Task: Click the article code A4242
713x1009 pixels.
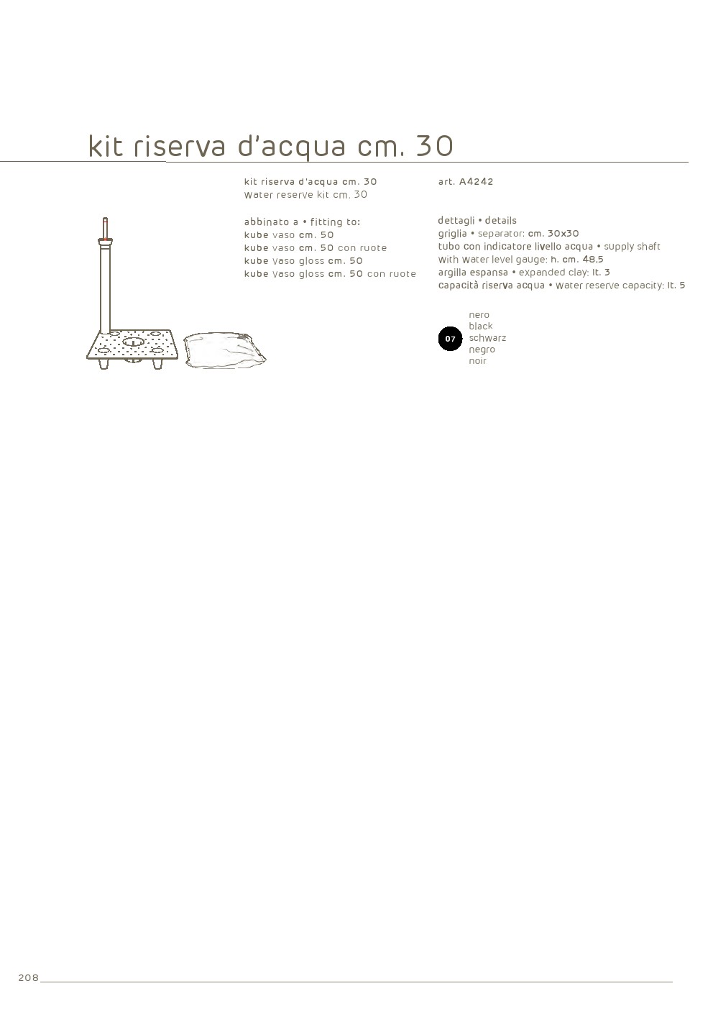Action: coord(476,181)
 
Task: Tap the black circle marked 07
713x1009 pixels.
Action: coord(450,338)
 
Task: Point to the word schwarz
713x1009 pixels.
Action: coord(487,338)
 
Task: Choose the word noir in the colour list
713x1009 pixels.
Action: coord(477,361)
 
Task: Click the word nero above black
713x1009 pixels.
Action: coord(479,315)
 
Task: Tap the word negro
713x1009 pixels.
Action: coord(482,350)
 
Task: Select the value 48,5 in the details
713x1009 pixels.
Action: coord(593,260)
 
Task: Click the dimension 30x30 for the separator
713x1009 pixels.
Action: coord(563,233)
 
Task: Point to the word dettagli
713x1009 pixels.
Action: coord(456,221)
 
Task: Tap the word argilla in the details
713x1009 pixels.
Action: coord(452,273)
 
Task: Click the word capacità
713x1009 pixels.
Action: coord(457,286)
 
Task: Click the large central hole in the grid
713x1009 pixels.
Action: coord(133,343)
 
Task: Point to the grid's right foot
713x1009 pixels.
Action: coord(157,364)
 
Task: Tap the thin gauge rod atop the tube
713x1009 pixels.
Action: coord(106,229)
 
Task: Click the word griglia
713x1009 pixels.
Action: coord(452,234)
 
